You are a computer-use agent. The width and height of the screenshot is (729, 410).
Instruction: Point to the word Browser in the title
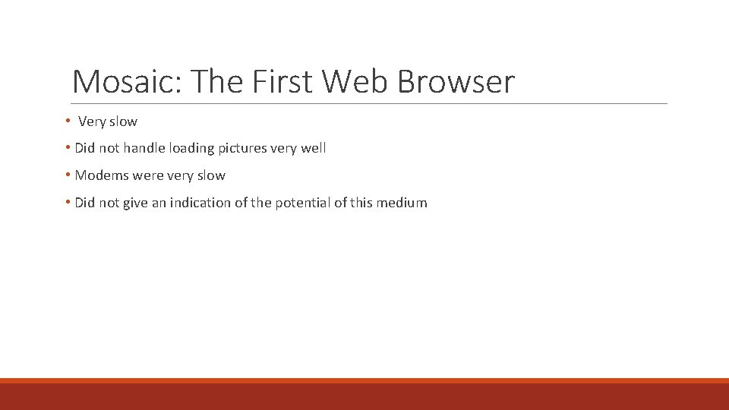coord(456,81)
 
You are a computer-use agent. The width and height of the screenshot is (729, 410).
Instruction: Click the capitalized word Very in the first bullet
coord(92,121)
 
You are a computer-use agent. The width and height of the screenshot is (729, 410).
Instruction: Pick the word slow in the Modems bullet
coord(211,175)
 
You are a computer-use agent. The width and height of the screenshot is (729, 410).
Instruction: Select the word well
coord(314,148)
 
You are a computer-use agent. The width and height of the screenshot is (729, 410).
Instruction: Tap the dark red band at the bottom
coord(364,396)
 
